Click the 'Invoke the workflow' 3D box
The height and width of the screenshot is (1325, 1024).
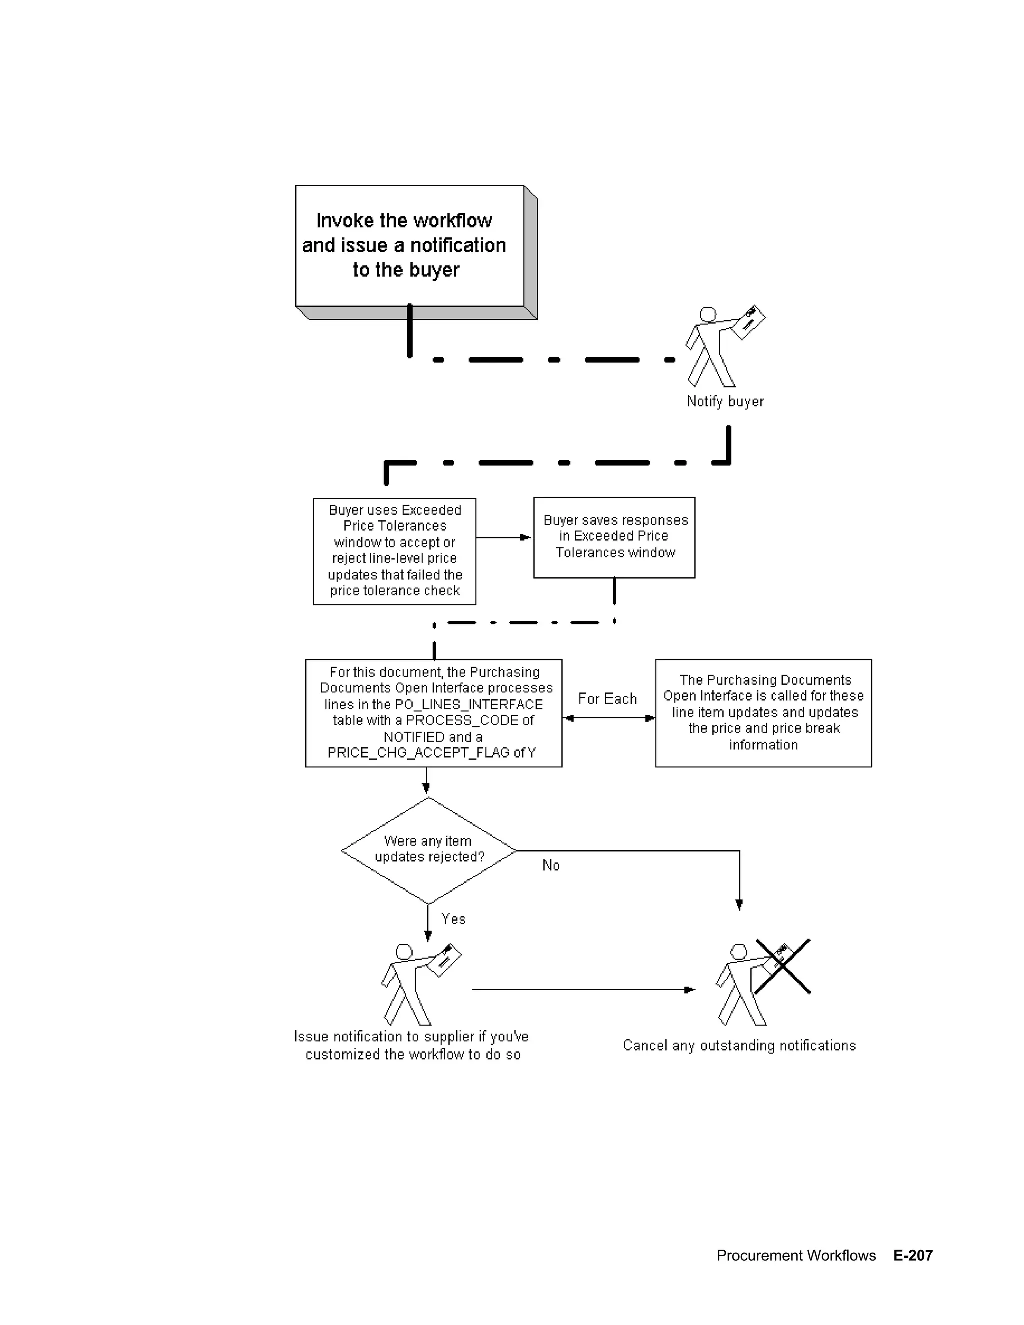tap(409, 245)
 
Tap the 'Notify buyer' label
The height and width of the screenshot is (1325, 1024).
tap(725, 401)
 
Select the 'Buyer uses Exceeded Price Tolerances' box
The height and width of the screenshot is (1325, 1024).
tap(395, 551)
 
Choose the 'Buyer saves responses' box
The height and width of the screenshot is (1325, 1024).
tap(614, 537)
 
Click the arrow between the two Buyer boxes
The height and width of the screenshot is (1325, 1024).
tap(504, 537)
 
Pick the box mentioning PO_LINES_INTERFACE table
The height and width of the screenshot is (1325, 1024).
tap(433, 713)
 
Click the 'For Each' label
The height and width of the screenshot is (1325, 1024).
tap(607, 699)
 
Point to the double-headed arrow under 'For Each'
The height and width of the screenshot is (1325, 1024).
tap(609, 718)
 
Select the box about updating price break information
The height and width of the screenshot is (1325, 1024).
tap(763, 713)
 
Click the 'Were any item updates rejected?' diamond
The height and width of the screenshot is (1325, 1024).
tap(429, 850)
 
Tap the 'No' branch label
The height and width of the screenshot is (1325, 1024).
tap(551, 865)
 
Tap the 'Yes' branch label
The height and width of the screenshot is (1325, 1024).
tap(453, 919)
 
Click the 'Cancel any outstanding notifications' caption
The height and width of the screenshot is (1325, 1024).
tap(739, 1045)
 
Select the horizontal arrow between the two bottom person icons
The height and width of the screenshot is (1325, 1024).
tap(583, 990)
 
